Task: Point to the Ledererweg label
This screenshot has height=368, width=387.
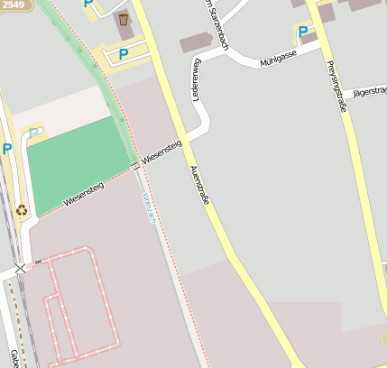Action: (x=195, y=79)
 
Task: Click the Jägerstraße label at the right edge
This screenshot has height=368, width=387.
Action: (x=369, y=91)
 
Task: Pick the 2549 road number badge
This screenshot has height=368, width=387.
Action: (x=13, y=5)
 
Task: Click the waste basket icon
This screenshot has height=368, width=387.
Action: (x=124, y=19)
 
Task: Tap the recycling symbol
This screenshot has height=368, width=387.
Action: (x=21, y=210)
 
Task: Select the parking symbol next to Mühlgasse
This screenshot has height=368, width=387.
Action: (x=303, y=32)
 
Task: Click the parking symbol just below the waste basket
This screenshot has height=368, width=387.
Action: (x=123, y=53)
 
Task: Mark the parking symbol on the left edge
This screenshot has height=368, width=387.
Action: (x=6, y=149)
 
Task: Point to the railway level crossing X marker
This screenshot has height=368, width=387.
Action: (x=20, y=269)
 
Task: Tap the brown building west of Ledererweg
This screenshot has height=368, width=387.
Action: (x=198, y=42)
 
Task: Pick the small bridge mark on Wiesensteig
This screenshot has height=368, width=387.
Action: (x=136, y=166)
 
